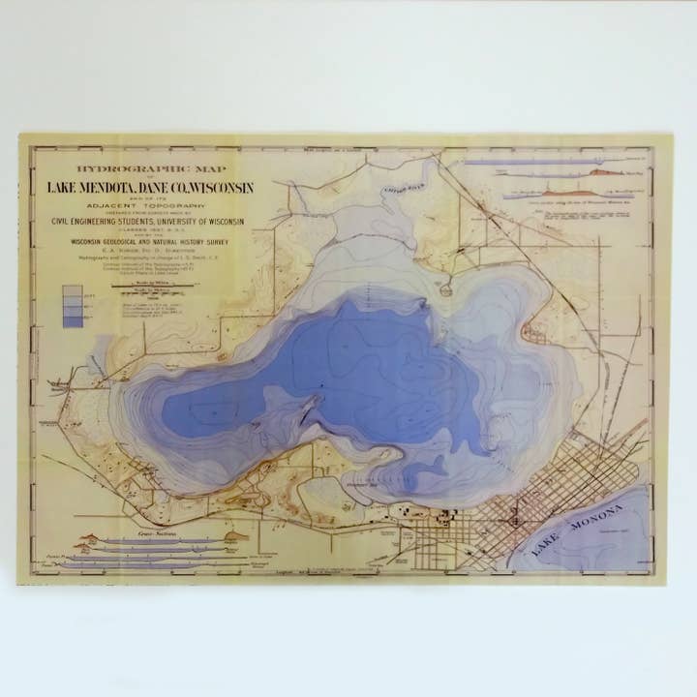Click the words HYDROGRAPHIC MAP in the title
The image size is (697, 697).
140,168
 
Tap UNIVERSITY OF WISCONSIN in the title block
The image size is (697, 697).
197,221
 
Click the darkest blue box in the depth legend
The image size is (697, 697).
73,321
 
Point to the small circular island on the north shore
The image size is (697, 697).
444,289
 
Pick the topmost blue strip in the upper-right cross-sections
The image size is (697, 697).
528,163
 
